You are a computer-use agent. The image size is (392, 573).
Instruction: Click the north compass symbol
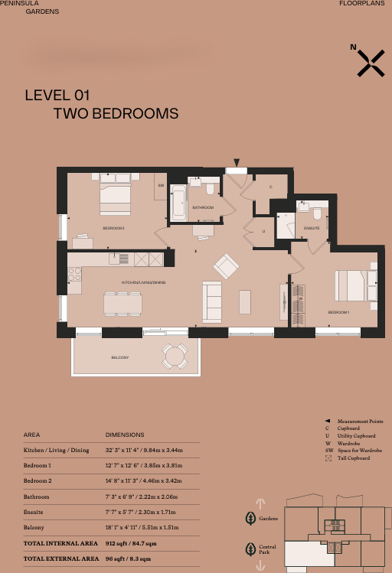click(371, 63)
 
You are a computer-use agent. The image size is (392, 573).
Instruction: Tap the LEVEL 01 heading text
click(57, 96)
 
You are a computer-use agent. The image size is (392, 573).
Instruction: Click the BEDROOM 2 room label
click(113, 228)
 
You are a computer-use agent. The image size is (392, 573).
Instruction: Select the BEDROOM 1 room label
click(338, 313)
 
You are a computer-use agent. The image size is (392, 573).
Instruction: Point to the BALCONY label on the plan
click(119, 357)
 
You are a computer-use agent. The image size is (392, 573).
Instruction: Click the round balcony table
click(175, 355)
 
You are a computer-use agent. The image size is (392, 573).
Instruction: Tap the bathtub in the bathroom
click(178, 203)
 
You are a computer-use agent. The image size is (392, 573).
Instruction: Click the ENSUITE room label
click(311, 228)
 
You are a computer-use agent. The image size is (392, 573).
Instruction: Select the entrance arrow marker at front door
click(237, 161)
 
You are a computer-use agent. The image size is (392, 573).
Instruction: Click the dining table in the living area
click(122, 304)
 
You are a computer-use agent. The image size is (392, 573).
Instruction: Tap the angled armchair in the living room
click(227, 266)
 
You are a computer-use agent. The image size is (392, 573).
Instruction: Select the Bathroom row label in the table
click(38, 496)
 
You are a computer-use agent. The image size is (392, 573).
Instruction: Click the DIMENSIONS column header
click(124, 434)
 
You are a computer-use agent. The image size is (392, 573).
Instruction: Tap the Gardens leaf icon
click(250, 519)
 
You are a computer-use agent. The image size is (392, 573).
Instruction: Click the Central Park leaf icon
click(250, 549)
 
